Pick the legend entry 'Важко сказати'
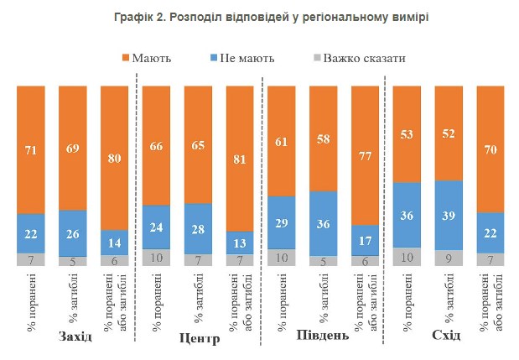(x=366, y=59)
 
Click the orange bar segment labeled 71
(x=30, y=149)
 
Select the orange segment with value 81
(x=240, y=157)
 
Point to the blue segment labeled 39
(x=449, y=214)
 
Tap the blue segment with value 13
(x=240, y=242)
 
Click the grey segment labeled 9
(x=449, y=258)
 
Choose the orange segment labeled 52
(x=449, y=133)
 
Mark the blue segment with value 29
(x=281, y=222)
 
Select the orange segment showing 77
(x=366, y=154)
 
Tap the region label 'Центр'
(x=200, y=339)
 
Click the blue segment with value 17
(x=366, y=239)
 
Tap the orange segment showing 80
(x=114, y=157)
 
